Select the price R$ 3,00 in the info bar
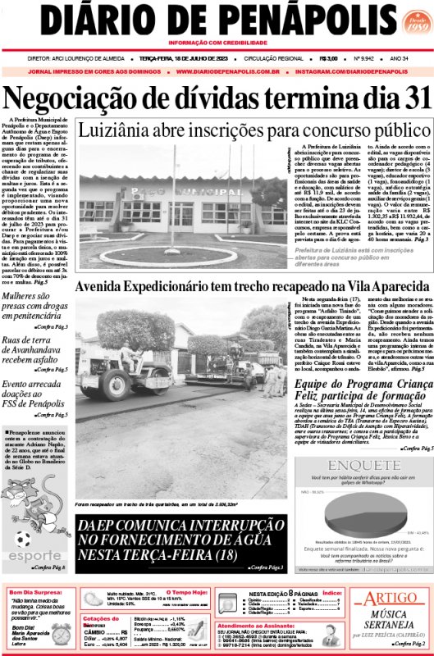pos(329,58)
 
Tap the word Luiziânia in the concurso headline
pos(119,130)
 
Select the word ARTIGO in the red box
pos(391,600)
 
